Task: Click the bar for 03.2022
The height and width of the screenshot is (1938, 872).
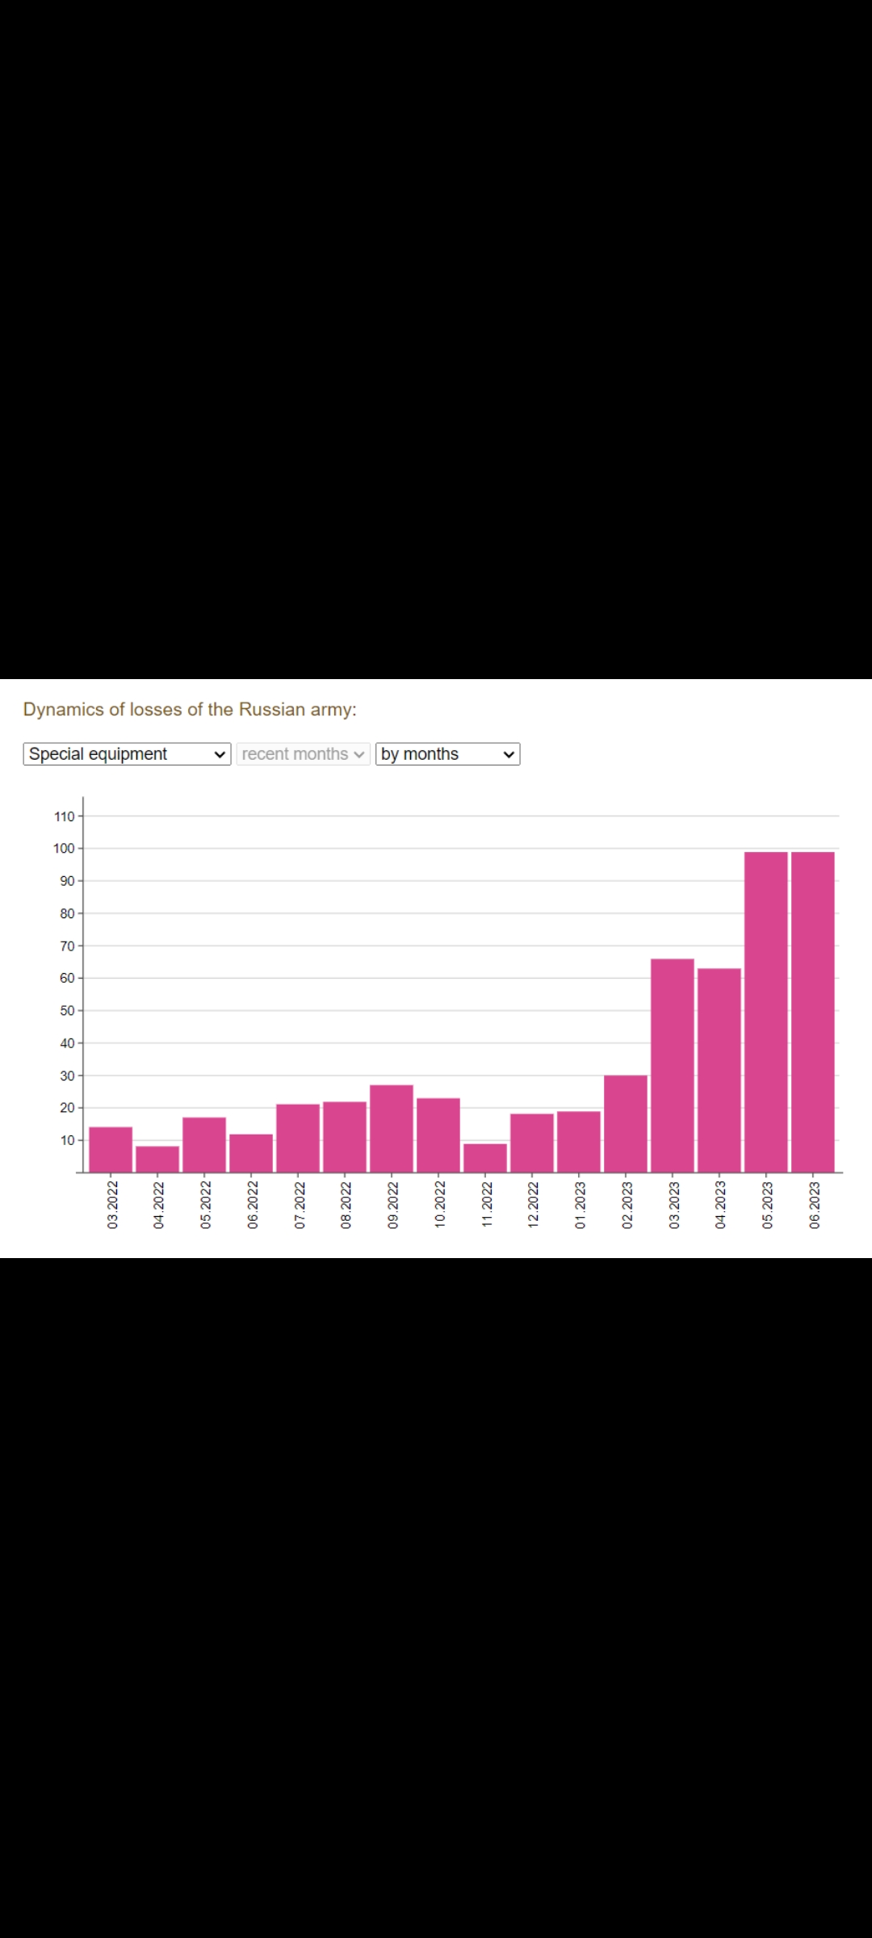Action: [x=111, y=1149]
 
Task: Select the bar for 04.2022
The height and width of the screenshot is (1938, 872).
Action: [x=157, y=1159]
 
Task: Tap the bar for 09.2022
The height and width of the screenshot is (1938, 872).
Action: [x=392, y=1128]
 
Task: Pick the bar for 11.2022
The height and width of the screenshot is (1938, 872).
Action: [x=485, y=1157]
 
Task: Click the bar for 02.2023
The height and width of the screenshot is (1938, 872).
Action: [x=626, y=1123]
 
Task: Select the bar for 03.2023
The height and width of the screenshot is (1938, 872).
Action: [x=673, y=1065]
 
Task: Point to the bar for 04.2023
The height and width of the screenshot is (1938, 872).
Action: [x=719, y=1070]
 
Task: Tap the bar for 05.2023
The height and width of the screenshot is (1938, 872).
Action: [x=766, y=1012]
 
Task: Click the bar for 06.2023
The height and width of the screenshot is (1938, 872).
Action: [x=813, y=1012]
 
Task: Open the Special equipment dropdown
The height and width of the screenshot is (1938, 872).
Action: [x=127, y=754]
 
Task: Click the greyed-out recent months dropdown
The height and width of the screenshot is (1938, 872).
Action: [x=303, y=754]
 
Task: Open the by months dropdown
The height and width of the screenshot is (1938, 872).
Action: [x=447, y=754]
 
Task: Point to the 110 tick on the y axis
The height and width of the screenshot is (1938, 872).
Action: [x=65, y=816]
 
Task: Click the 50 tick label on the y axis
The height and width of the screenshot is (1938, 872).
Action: [x=67, y=1011]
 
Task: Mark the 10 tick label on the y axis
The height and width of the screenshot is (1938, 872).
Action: [x=67, y=1140]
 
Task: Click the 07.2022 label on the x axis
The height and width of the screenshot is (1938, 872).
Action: [x=300, y=1206]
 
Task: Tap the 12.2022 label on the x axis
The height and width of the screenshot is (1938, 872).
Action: [x=533, y=1206]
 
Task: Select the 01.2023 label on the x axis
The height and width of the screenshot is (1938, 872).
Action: [x=580, y=1206]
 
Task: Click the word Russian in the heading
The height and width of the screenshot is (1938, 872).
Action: [x=272, y=709]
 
